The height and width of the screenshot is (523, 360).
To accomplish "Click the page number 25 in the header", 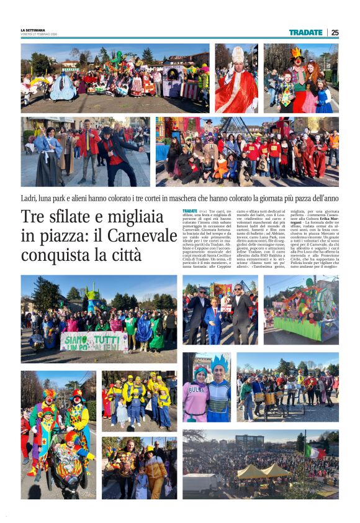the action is click(335, 32).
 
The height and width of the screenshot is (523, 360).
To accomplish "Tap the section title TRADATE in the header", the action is click(305, 32).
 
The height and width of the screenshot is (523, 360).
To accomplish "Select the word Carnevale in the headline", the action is click(142, 236).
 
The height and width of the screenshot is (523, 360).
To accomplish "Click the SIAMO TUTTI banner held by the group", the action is click(94, 341).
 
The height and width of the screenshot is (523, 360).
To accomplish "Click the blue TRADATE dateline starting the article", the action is click(189, 212).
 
